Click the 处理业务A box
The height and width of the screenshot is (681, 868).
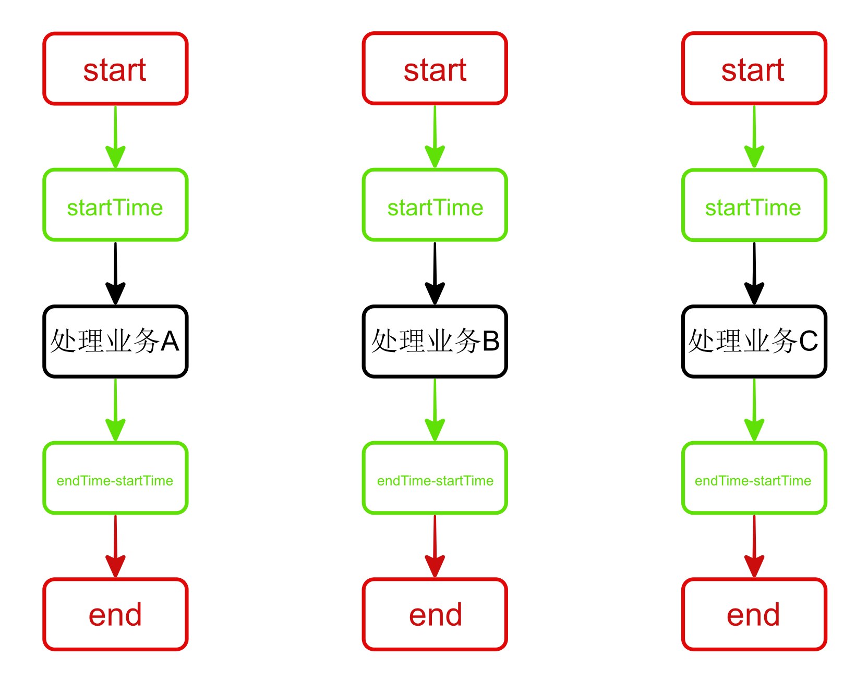[115, 342]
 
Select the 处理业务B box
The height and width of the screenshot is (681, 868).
[435, 342]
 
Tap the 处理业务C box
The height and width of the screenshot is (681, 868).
[754, 342]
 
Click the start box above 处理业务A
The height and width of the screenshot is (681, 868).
[115, 69]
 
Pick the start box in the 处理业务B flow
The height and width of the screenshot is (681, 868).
[435, 69]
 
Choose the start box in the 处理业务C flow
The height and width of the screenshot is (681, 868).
[754, 69]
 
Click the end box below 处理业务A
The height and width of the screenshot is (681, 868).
[115, 614]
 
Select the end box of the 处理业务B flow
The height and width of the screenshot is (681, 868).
[435, 614]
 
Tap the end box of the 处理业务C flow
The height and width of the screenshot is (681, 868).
[754, 614]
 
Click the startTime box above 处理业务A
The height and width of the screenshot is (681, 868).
[115, 205]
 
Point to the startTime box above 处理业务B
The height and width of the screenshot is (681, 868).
[435, 205]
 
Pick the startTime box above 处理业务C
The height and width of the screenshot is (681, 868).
[754, 205]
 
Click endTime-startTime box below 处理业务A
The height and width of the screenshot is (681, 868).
[115, 478]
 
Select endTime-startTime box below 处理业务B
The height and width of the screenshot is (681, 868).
[435, 478]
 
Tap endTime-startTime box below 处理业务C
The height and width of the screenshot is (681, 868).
[754, 478]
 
